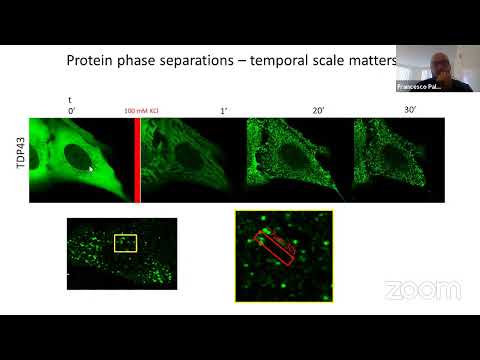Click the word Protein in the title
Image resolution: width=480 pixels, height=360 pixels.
point(92,60)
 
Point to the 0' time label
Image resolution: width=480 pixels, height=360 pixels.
point(71,111)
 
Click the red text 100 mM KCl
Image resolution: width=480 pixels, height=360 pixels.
point(138,112)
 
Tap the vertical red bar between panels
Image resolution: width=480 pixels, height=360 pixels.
point(137,160)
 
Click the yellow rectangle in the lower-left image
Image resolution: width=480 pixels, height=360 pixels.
point(125,243)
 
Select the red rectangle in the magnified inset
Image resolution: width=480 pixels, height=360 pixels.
point(274,248)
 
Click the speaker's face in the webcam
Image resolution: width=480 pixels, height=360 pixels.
point(441,68)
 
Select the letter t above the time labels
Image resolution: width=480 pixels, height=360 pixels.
point(70,100)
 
